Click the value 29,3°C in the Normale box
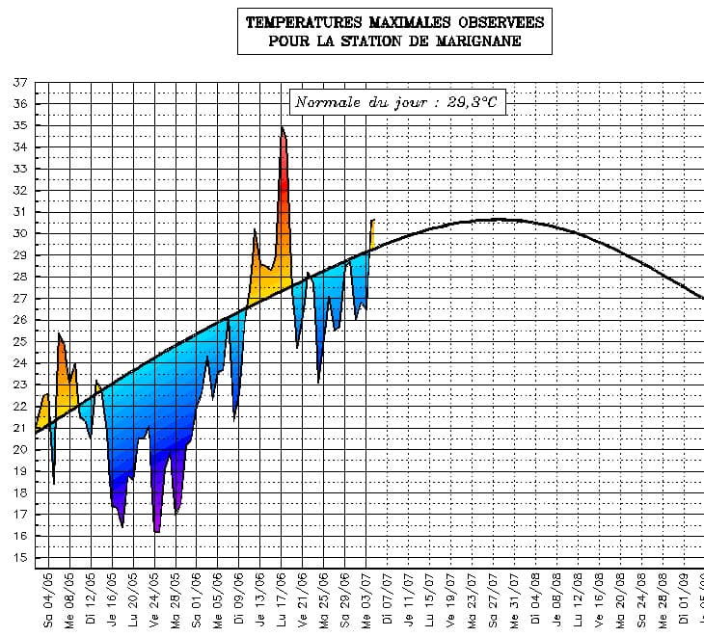[473, 101]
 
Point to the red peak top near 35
[283, 128]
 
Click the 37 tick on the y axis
[19, 83]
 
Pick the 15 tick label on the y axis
[19, 558]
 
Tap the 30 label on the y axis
[19, 234]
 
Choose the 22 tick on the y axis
[19, 407]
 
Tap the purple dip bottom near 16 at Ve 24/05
[156, 530]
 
